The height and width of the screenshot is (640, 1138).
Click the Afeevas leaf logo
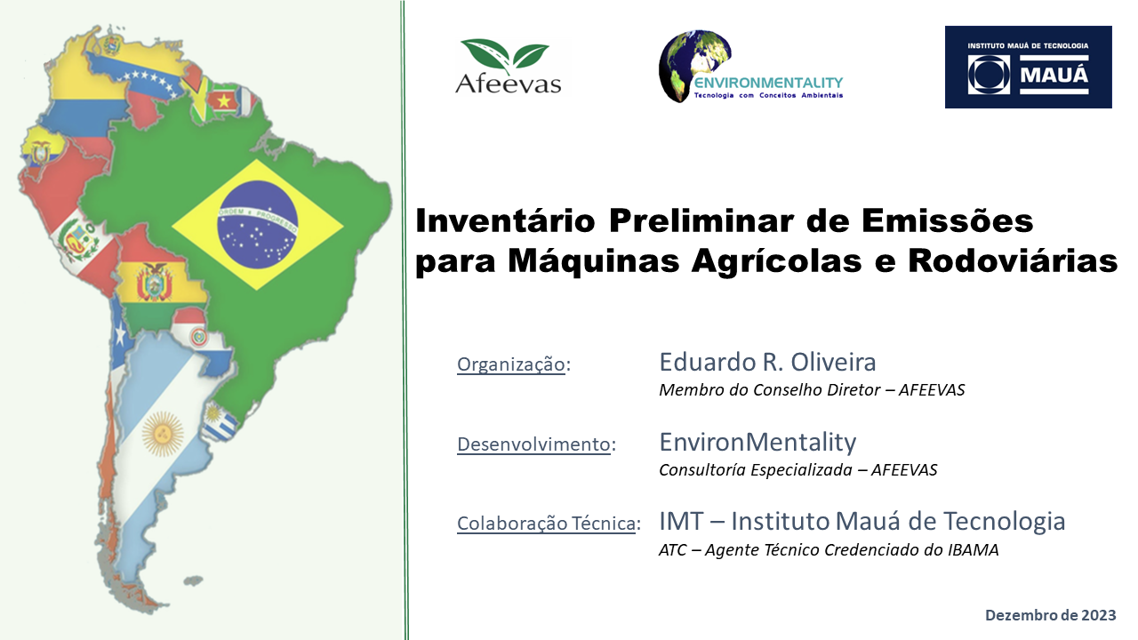508,67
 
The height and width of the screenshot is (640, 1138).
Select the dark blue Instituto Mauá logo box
1029,67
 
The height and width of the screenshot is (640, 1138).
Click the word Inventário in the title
505,221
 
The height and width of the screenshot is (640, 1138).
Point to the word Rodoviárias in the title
1013,260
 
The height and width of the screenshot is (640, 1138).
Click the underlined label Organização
510,364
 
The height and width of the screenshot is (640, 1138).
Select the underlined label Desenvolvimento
533,444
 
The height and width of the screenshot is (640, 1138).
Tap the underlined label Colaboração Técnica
546,524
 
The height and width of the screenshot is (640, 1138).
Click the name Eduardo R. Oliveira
767,362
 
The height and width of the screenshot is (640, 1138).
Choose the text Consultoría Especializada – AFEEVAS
798,470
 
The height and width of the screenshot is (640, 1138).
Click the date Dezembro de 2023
1051,615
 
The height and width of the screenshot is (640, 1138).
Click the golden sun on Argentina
163,433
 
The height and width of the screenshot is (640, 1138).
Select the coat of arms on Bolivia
155,283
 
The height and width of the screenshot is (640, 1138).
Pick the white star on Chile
120,335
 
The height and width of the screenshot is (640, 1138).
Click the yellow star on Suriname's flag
223,101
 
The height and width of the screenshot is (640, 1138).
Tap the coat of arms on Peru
77,240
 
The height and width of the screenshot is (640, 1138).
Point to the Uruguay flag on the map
220,421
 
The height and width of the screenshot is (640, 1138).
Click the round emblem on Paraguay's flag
197,336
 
